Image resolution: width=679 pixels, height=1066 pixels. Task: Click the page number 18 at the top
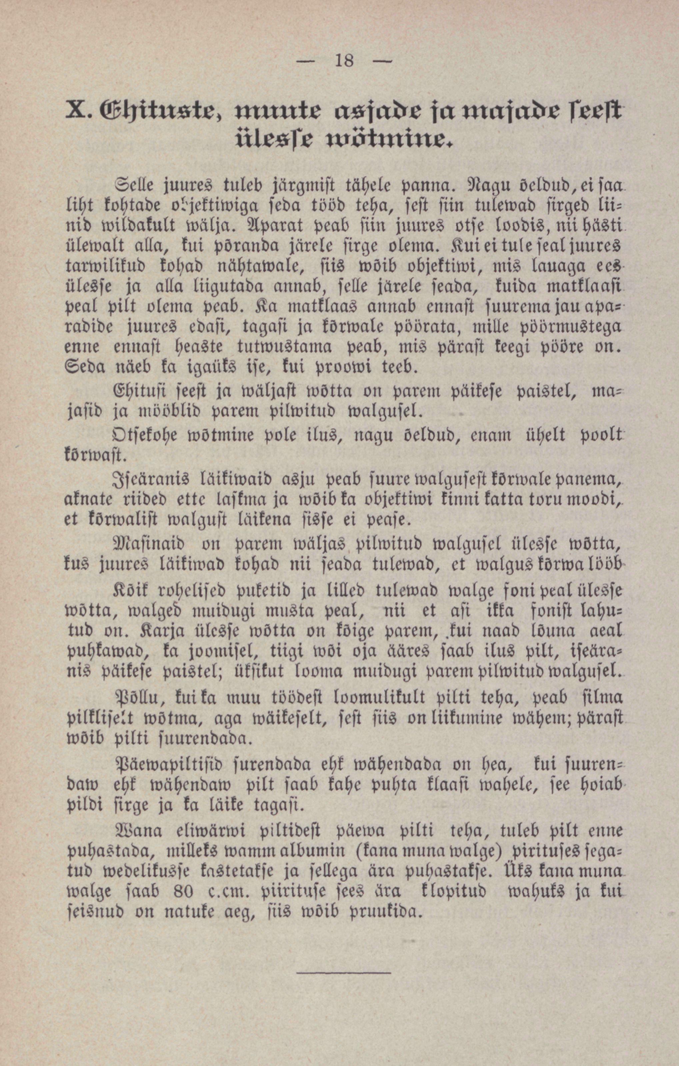pyautogui.click(x=344, y=60)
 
